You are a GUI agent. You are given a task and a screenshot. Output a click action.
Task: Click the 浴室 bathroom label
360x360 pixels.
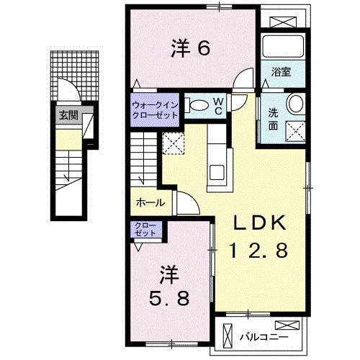[280, 72]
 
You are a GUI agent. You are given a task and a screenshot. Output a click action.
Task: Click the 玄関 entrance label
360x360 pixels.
[68, 114]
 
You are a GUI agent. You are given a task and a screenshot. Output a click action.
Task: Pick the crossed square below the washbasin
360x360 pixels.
[295, 130]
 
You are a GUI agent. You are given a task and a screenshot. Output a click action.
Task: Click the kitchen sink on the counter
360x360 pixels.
[215, 171]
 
